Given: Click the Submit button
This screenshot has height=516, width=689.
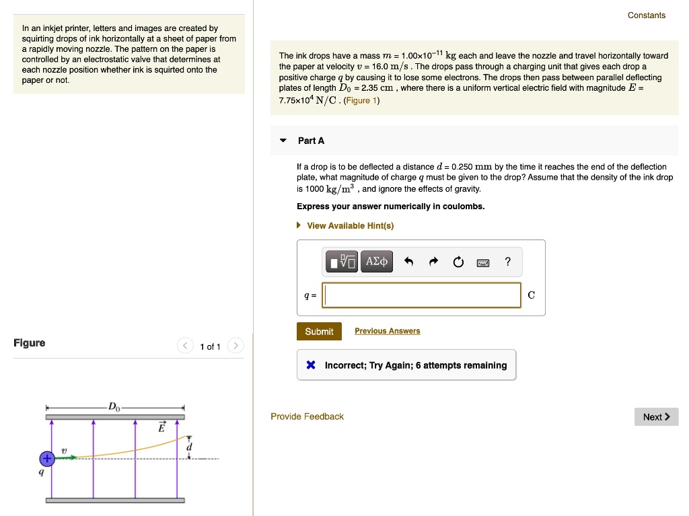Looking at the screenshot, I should point(319,332).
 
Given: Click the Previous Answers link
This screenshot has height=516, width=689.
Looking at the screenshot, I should point(387,331).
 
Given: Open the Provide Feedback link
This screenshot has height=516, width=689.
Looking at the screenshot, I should point(307,416).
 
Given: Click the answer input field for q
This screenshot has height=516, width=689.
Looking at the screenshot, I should point(421,295).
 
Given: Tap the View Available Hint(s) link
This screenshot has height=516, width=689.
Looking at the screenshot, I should point(350,225).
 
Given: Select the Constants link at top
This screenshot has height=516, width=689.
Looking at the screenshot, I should point(646,15).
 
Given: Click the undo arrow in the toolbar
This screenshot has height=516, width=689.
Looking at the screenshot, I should point(408,262).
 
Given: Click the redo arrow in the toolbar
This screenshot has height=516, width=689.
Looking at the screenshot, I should point(433,262).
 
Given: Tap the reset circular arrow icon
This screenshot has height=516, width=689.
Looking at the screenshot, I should point(458,262).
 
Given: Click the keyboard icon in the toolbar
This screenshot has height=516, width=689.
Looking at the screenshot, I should point(483,262).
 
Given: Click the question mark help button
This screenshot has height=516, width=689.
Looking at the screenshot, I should point(507,262).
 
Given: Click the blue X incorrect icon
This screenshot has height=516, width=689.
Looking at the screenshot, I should point(310,365).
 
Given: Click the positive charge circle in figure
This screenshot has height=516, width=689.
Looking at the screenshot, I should point(46,459).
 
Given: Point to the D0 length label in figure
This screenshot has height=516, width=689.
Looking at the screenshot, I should point(114,406).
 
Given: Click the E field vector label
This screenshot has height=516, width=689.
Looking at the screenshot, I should point(161,427).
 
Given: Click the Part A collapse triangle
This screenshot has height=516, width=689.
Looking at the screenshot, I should point(283,141).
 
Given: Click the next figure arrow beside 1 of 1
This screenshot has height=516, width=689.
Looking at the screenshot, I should point(235,346).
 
